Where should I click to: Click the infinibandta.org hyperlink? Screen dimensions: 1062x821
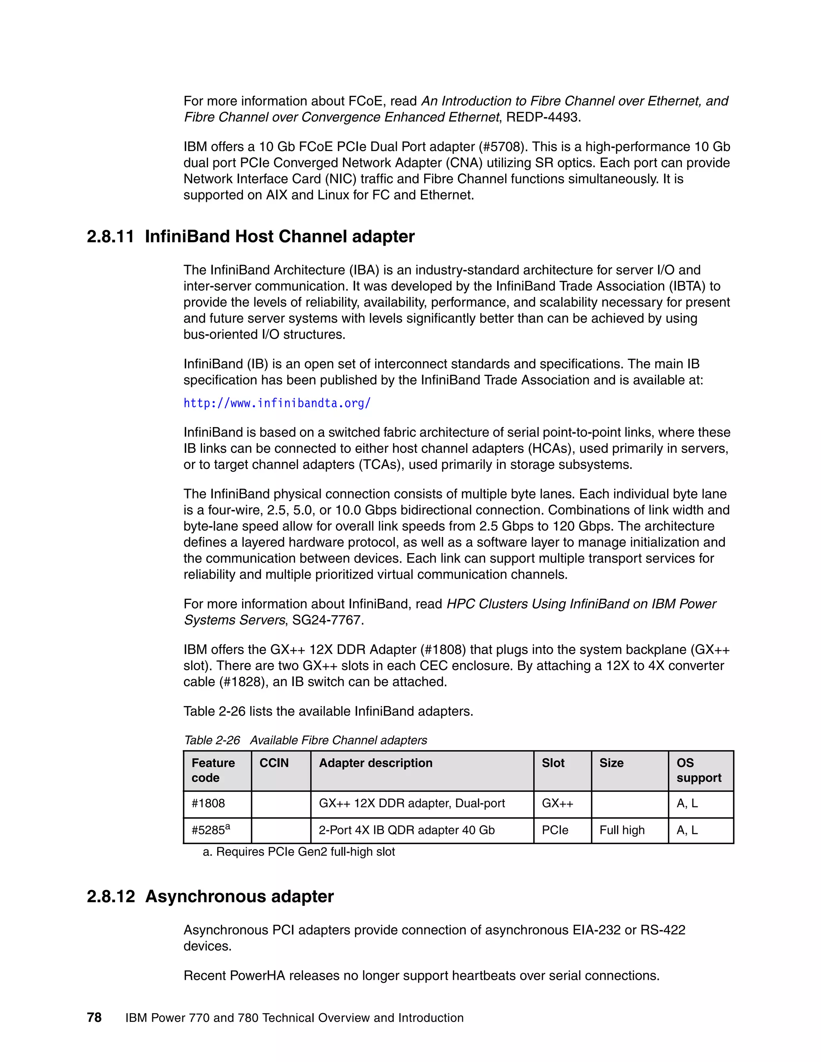tap(277, 403)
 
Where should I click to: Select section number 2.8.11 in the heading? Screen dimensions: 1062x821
tap(110, 237)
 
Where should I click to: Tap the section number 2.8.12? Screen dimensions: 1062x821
tap(110, 896)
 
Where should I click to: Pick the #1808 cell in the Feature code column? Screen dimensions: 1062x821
tap(208, 803)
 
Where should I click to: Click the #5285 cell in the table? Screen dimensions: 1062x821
tap(210, 830)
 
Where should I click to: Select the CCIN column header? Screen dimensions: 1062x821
tap(274, 763)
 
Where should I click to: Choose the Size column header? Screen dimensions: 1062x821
tap(611, 763)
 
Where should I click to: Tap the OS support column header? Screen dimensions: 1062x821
tap(698, 770)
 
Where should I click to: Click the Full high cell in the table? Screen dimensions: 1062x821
tap(622, 830)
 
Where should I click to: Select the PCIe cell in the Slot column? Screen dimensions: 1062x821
tap(555, 830)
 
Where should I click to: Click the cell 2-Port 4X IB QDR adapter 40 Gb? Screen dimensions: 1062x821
tap(406, 830)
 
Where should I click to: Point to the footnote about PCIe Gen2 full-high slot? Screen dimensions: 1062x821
tap(299, 852)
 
